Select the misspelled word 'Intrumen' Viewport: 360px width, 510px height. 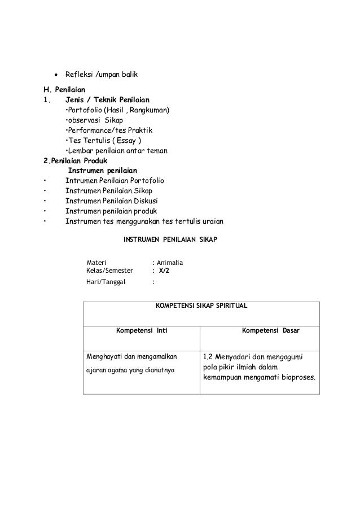[81, 181]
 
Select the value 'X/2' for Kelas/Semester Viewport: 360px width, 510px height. [164, 271]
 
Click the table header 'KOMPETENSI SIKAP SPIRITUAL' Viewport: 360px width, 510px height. [201, 306]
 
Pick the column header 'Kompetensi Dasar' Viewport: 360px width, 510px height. [270, 330]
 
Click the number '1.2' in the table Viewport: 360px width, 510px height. [208, 357]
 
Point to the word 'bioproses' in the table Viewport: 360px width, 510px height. [296, 377]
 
